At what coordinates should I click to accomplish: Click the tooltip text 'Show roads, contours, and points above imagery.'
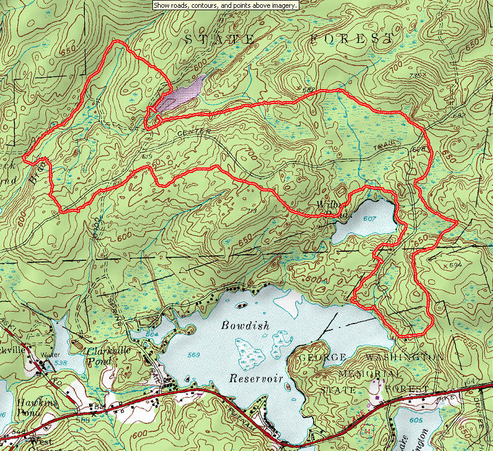pos(225,5)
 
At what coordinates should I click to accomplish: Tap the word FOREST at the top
pos(352,39)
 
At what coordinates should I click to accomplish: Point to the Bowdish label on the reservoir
pos(245,326)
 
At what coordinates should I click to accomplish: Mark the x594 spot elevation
pos(455,264)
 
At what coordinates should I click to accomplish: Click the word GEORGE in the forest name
pos(323,357)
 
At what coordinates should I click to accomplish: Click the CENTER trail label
pos(193,132)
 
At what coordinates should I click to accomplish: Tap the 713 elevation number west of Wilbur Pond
pos(251,211)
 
